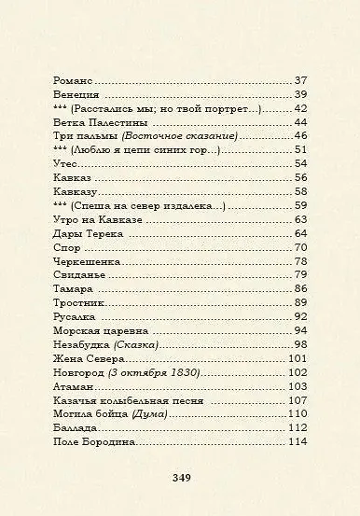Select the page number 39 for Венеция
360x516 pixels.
click(300, 94)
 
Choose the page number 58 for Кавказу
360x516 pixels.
click(300, 191)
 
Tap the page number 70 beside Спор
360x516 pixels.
click(300, 247)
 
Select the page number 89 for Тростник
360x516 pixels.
click(300, 302)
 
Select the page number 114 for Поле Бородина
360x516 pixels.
click(298, 441)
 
